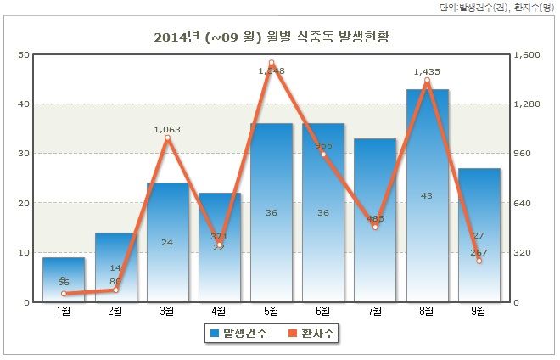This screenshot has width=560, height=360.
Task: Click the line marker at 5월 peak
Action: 272,63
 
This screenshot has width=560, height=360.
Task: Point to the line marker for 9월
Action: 479,261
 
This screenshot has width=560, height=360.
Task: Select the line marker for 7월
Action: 375,227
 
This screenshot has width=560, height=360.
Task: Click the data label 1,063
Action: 167,129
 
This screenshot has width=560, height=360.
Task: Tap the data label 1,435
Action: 427,72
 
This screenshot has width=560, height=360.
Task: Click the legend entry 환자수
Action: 311,334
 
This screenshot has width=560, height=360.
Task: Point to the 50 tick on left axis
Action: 24,55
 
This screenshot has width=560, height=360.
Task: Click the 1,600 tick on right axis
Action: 528,55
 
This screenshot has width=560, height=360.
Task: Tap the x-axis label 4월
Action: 219,312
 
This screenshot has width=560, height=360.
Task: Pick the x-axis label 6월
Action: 323,312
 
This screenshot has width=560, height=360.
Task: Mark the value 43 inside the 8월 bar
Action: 427,195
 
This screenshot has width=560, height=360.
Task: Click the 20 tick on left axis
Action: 24,204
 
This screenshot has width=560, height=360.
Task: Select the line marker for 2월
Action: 115,290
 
